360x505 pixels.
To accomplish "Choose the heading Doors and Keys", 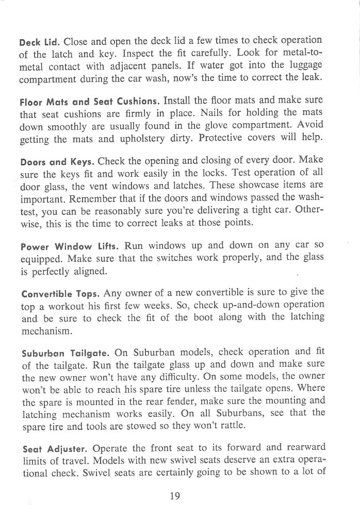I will click(56, 160).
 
